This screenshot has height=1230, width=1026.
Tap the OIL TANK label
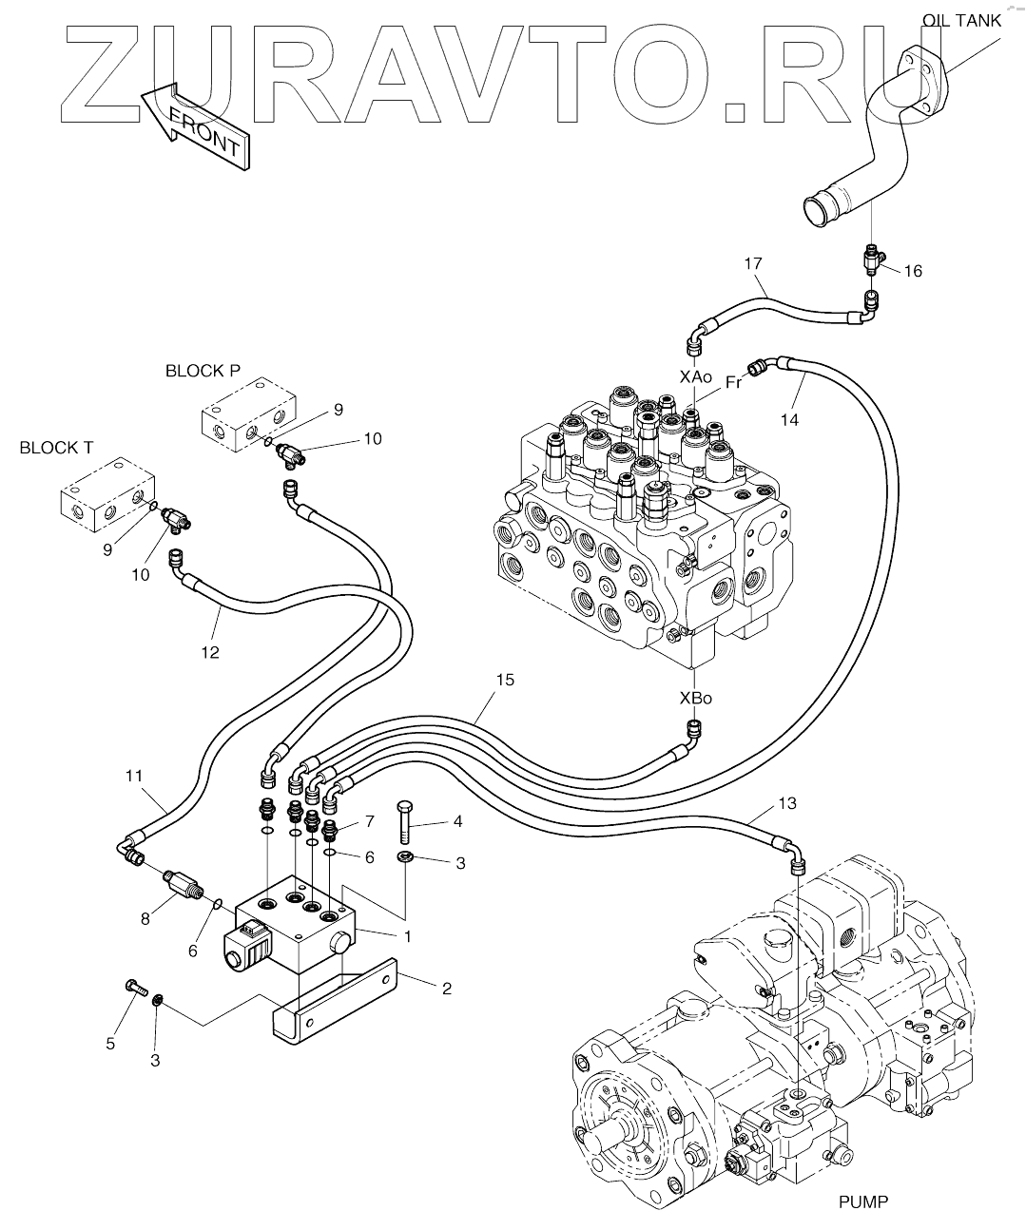961,20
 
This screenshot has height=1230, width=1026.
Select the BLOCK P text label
203,371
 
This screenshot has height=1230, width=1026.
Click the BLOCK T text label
56,448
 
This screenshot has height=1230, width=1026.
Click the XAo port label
695,376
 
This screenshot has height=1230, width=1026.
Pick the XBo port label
695,698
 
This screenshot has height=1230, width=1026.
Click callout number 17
753,262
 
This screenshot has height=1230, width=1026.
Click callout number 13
786,804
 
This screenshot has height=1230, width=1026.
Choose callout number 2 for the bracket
446,987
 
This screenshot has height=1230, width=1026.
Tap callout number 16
913,271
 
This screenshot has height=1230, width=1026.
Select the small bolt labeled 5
133,989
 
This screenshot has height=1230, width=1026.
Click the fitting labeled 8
180,883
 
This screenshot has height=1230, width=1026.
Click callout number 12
210,652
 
